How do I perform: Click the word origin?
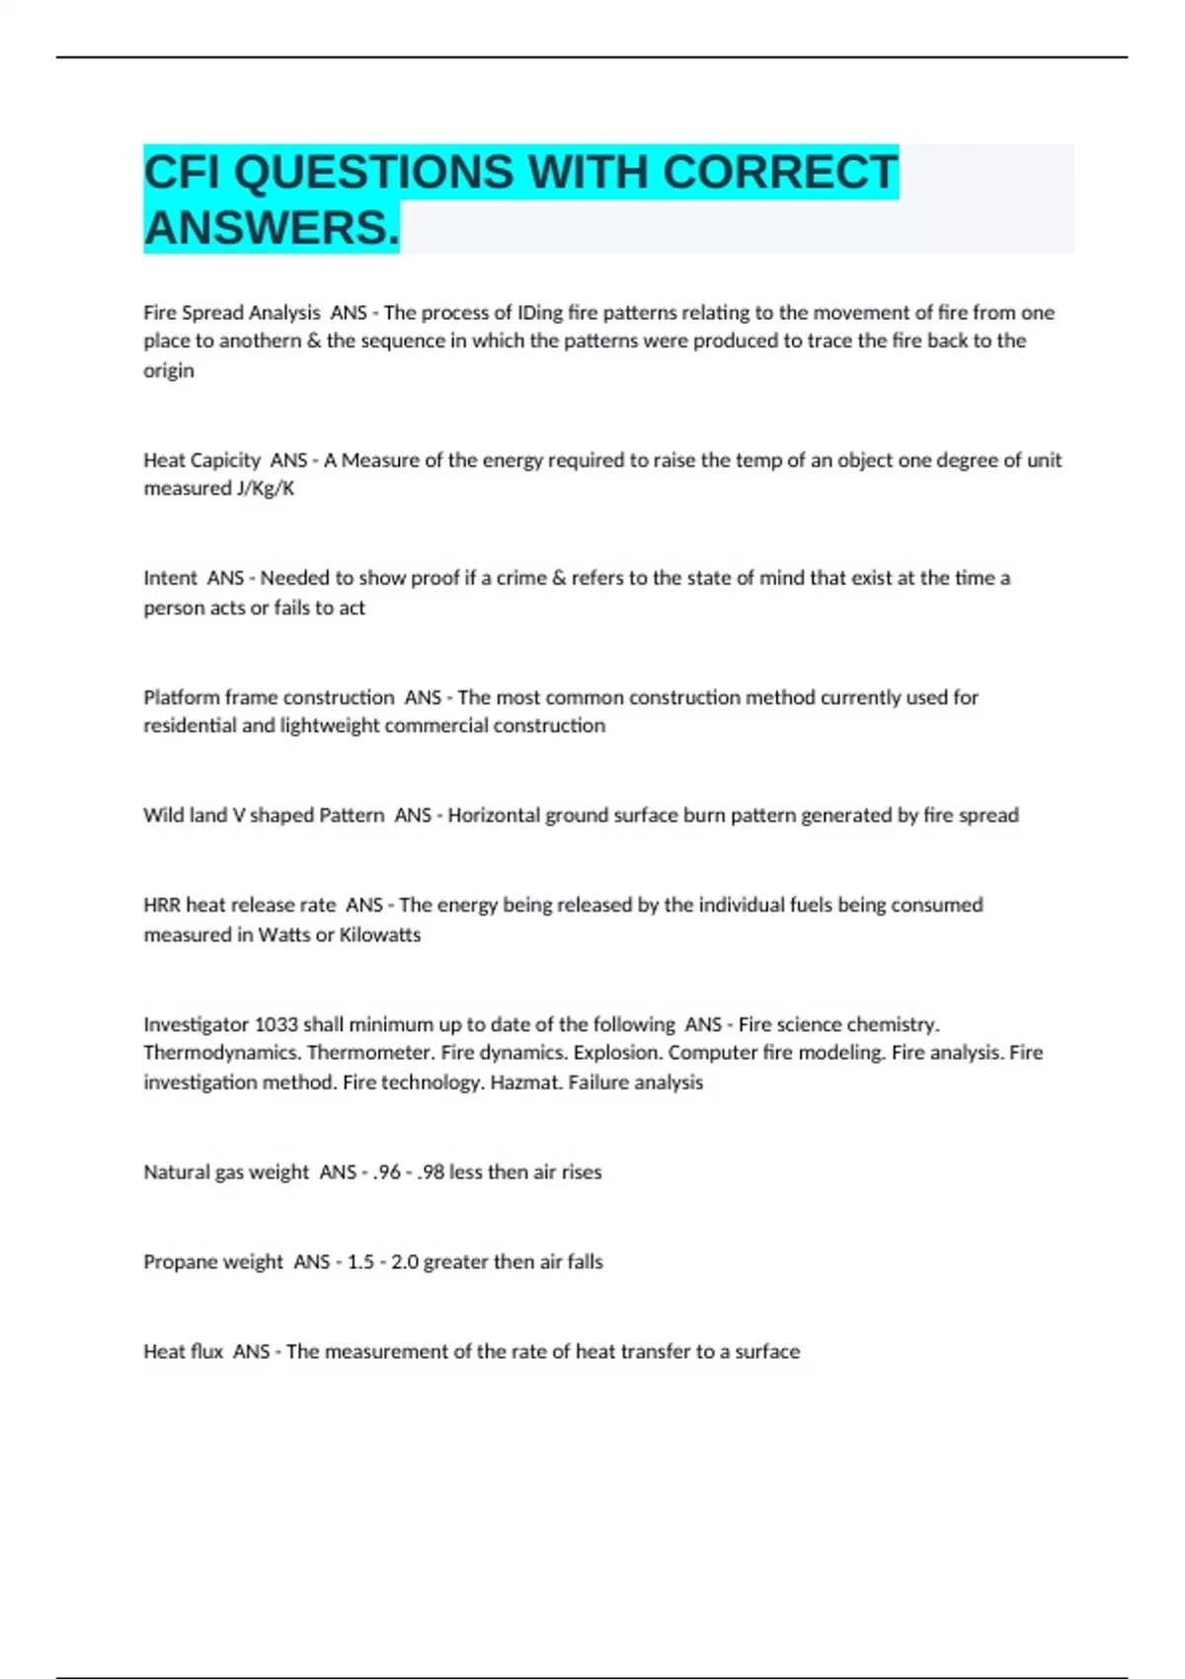point(169,371)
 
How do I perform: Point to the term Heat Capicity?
point(201,460)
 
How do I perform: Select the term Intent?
point(170,579)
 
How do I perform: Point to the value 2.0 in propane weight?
point(404,1262)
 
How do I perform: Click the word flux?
point(205,1352)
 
